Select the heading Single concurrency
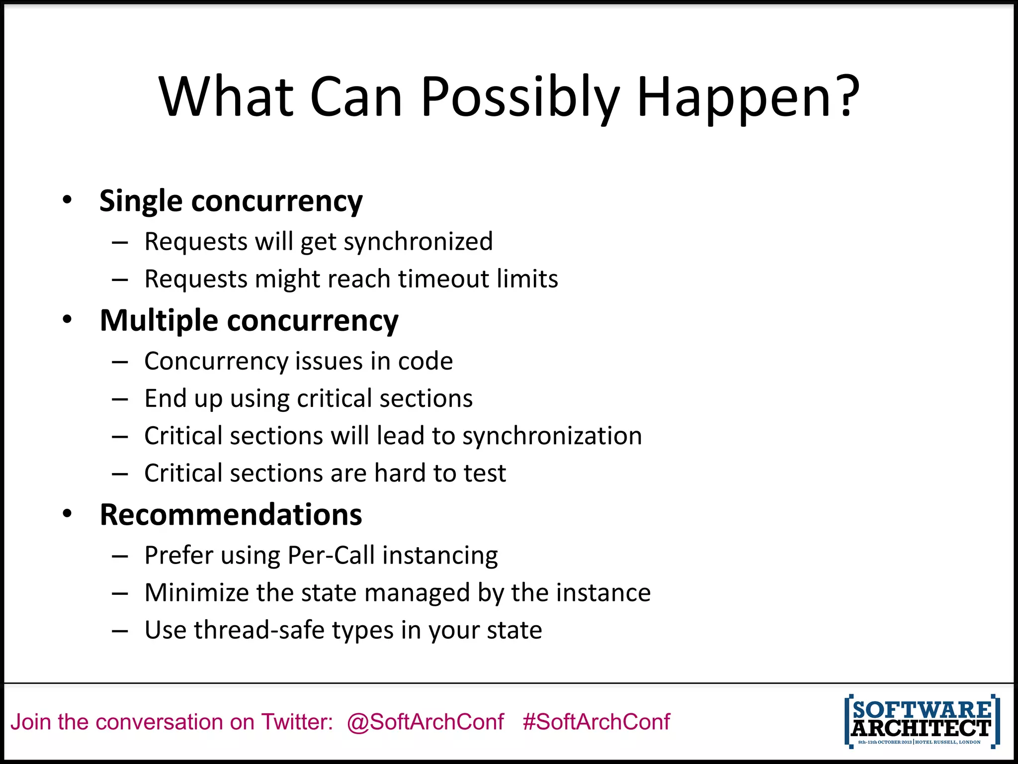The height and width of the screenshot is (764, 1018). (x=231, y=201)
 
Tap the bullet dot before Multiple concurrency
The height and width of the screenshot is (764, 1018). (x=68, y=319)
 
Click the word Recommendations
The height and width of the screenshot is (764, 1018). (x=231, y=514)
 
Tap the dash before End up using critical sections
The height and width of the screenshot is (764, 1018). (x=120, y=399)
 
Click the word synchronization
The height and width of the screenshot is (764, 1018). (x=552, y=436)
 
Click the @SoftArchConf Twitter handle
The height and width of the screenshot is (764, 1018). (x=425, y=722)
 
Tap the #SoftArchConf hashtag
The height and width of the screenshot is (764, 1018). (x=596, y=722)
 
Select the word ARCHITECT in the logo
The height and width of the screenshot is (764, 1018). (x=921, y=728)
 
